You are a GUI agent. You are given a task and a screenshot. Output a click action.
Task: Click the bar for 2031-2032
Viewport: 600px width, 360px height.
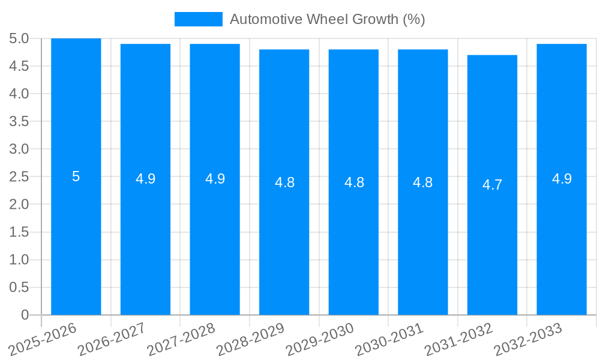pyautogui.click(x=492, y=240)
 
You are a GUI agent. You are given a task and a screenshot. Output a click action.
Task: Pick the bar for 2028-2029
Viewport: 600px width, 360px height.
pyautogui.click(x=284, y=240)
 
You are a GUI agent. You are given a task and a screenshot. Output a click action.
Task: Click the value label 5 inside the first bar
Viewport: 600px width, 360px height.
pyautogui.click(x=76, y=177)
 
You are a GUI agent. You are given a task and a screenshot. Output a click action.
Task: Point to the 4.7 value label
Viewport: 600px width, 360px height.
pyautogui.click(x=492, y=185)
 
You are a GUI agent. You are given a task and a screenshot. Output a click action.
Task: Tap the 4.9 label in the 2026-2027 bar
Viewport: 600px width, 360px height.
pyautogui.click(x=145, y=179)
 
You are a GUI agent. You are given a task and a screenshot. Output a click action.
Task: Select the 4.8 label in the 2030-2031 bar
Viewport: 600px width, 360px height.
pyautogui.click(x=423, y=182)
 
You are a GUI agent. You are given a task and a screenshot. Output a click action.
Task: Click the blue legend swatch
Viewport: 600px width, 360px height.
pyautogui.click(x=198, y=19)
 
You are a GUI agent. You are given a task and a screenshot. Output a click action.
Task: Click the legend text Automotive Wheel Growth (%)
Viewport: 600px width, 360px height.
pyautogui.click(x=327, y=19)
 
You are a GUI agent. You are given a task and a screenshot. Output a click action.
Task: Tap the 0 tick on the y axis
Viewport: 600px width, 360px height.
pyautogui.click(x=25, y=315)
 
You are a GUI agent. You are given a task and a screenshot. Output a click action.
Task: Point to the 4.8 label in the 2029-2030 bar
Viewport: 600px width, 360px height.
pyautogui.click(x=353, y=182)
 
